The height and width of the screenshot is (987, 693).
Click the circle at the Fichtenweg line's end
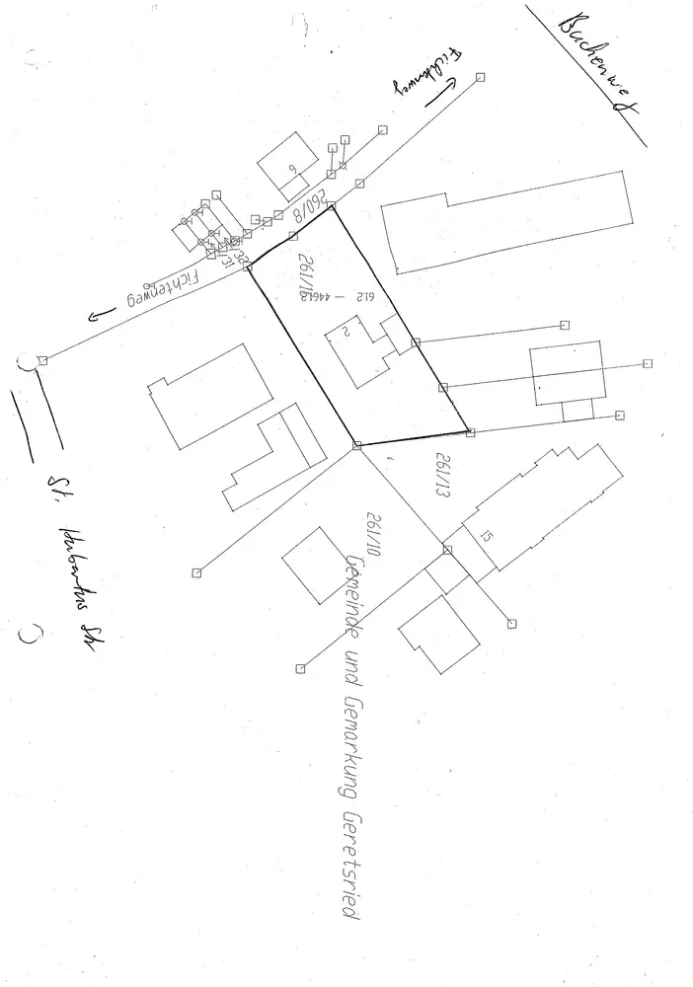(28, 362)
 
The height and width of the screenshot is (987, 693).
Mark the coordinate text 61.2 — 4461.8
(335, 296)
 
